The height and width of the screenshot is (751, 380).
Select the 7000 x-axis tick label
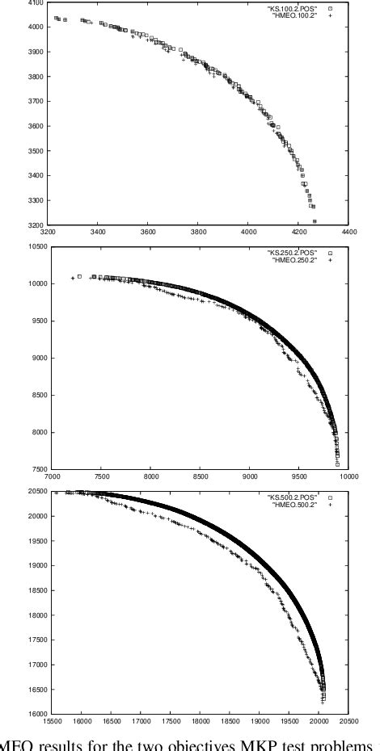pos(53,476)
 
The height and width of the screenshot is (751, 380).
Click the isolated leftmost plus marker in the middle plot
pos(73,278)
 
